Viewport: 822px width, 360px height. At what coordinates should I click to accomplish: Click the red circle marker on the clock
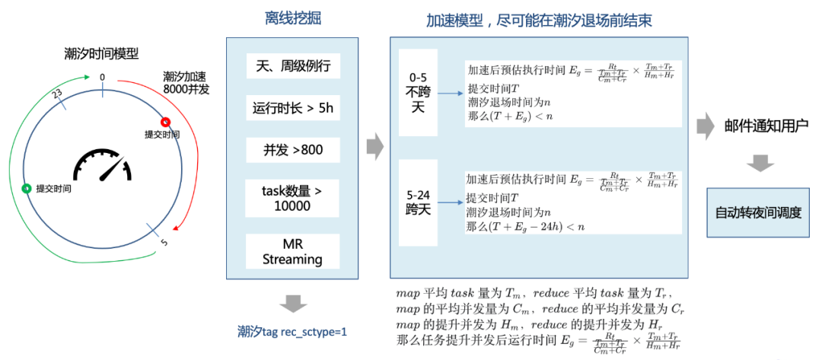point(166,122)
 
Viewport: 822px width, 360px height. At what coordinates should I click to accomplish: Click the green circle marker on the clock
point(27,188)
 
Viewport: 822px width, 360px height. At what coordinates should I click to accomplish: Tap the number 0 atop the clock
point(103,77)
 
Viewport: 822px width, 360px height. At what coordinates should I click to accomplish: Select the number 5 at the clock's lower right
point(164,244)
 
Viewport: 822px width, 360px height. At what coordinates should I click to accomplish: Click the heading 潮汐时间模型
point(101,53)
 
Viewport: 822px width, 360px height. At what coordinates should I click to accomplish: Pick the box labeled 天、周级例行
point(293,66)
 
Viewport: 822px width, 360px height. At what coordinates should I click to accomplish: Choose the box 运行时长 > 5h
point(293,107)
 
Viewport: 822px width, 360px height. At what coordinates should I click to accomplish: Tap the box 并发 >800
point(293,149)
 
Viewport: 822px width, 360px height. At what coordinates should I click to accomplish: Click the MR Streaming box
point(293,252)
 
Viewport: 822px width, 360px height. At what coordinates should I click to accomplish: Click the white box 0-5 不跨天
point(419,92)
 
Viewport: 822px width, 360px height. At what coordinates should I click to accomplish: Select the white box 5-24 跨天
point(419,201)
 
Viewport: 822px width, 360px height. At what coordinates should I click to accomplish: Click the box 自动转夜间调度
point(758,212)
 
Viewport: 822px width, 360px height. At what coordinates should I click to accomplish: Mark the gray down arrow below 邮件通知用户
point(759,162)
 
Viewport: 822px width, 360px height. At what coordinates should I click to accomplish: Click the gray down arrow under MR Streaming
point(292,303)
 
